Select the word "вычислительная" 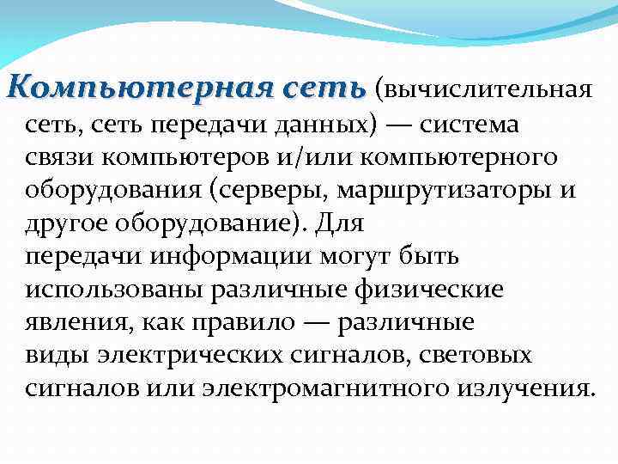pos(489,89)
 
